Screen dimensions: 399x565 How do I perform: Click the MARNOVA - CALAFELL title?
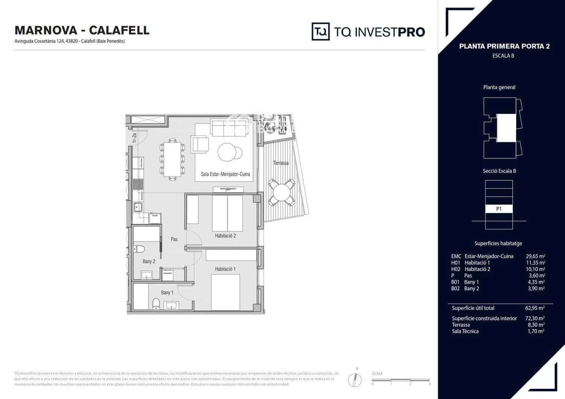(82, 30)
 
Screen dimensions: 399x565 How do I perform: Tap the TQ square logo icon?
(321, 32)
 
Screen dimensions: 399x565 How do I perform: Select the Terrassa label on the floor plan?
(281, 163)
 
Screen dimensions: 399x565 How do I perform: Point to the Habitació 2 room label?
(225, 236)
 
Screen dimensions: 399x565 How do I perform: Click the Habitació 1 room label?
(225, 269)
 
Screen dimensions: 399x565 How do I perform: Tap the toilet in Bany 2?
(140, 249)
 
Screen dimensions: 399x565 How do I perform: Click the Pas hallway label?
(174, 239)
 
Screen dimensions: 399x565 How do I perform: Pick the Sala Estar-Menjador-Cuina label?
(225, 174)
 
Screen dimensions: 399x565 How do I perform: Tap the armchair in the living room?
(200, 145)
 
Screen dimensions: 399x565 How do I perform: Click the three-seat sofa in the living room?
(230, 128)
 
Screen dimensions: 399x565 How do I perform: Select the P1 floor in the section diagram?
(499, 209)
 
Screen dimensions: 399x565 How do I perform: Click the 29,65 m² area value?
(535, 256)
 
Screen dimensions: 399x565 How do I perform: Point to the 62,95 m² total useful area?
(535, 308)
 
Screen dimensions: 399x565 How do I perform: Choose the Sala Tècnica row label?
(465, 331)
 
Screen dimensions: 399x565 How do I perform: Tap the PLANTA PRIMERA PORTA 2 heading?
(504, 46)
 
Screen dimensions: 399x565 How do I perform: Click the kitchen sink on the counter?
(137, 207)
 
